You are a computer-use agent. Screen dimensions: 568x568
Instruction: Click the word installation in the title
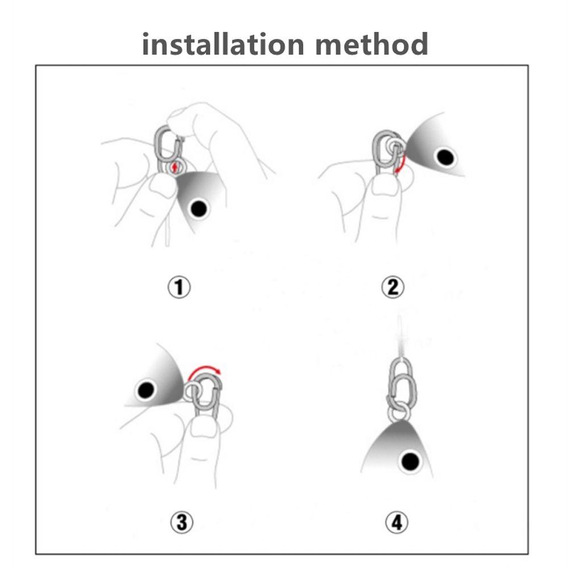click(223, 44)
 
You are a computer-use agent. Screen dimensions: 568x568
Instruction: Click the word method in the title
click(371, 44)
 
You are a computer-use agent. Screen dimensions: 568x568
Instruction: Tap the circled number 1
click(179, 287)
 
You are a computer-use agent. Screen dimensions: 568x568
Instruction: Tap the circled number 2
click(393, 287)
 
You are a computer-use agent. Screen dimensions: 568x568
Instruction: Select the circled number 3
click(182, 523)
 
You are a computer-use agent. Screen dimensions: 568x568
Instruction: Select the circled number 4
click(396, 523)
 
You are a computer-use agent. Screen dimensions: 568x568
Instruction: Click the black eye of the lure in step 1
click(198, 208)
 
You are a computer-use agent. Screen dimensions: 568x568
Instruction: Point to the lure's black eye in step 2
click(445, 157)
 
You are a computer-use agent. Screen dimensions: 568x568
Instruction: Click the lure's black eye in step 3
click(146, 390)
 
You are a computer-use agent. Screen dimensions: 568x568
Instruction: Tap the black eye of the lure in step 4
click(410, 461)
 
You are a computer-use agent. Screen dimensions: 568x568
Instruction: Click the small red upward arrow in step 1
click(176, 168)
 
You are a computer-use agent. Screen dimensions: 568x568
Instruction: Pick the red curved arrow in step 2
click(402, 164)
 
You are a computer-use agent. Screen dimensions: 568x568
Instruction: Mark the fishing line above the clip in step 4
click(400, 336)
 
